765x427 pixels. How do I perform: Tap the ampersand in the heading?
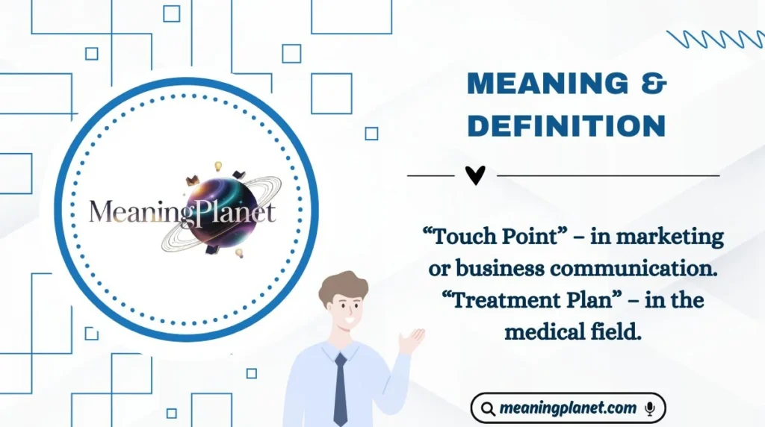653,84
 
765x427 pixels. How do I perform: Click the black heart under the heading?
475,175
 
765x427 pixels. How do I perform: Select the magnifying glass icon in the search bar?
487,408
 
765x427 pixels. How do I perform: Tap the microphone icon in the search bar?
650,408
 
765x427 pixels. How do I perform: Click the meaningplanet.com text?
568,408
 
